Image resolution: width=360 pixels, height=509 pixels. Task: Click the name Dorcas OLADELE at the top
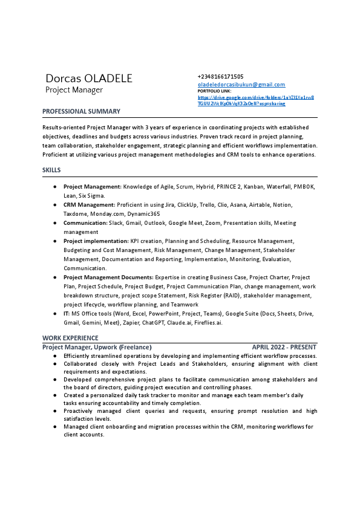[x=89, y=79]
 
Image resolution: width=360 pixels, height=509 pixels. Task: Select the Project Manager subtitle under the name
[x=74, y=90]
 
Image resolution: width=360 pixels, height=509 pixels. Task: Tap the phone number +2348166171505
[x=220, y=77]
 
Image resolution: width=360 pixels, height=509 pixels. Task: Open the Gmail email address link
[x=241, y=85]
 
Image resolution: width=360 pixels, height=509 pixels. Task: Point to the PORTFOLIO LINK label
[x=214, y=91]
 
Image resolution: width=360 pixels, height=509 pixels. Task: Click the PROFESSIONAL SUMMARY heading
[x=81, y=111]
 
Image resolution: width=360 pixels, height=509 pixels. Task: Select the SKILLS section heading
[x=51, y=170]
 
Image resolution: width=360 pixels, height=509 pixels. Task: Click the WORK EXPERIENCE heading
[x=70, y=337]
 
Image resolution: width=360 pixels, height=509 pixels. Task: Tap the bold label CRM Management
[x=89, y=205]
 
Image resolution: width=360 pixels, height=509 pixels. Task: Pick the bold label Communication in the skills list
[x=85, y=223]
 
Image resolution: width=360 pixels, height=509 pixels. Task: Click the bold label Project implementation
[x=96, y=241]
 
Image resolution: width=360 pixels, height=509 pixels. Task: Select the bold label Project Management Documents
[x=108, y=277]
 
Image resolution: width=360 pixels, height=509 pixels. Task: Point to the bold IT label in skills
[x=67, y=314]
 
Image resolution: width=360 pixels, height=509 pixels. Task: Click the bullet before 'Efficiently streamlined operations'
[x=55, y=356]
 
